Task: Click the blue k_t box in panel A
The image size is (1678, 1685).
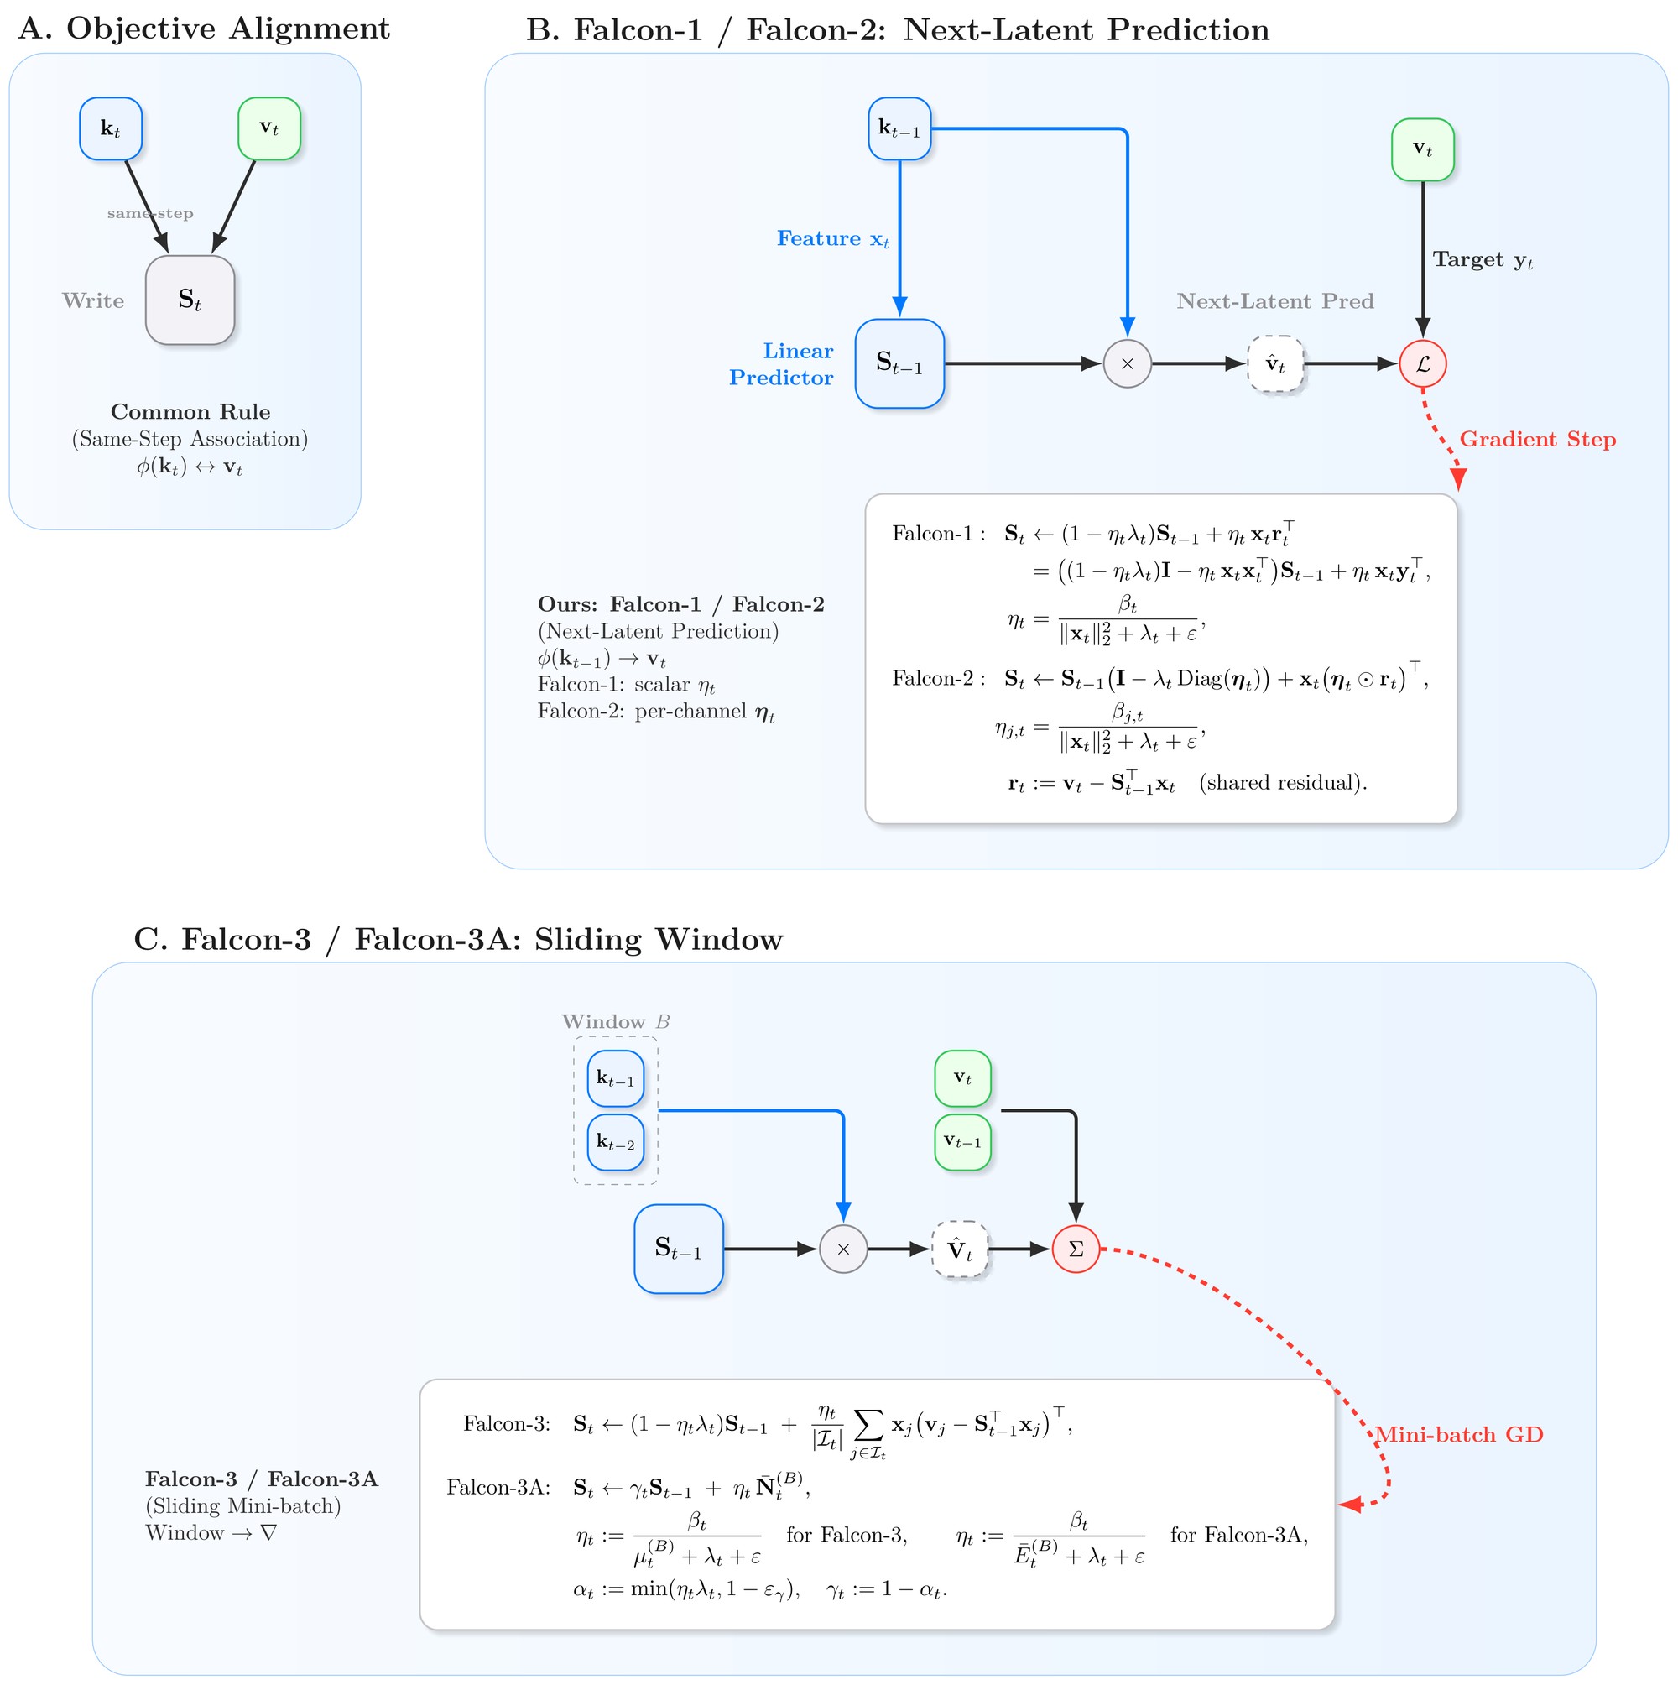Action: (x=111, y=128)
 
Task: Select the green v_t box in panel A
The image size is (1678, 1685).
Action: (x=269, y=128)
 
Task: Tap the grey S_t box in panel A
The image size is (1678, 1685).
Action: (x=190, y=300)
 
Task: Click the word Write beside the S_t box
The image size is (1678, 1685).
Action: (x=93, y=301)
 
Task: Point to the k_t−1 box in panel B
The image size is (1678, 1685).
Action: (x=900, y=128)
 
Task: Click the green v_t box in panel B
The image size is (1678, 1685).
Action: (x=1423, y=149)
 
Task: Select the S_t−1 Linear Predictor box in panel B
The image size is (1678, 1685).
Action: (x=900, y=363)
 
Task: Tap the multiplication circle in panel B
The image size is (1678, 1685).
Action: (x=1128, y=363)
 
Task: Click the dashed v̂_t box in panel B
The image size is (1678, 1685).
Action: (x=1276, y=363)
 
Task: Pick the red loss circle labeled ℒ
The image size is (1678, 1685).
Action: (x=1423, y=363)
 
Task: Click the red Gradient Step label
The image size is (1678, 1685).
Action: (x=1538, y=440)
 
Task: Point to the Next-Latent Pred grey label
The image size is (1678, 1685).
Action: (x=1275, y=301)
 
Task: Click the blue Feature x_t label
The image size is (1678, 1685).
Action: (x=833, y=239)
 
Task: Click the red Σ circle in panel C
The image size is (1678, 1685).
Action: (x=1076, y=1249)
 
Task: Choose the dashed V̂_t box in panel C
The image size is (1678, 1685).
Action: (x=960, y=1249)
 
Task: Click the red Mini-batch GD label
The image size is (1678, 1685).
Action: (x=1459, y=1435)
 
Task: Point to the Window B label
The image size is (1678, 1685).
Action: (x=616, y=1021)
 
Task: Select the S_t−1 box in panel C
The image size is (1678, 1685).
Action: (x=679, y=1249)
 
